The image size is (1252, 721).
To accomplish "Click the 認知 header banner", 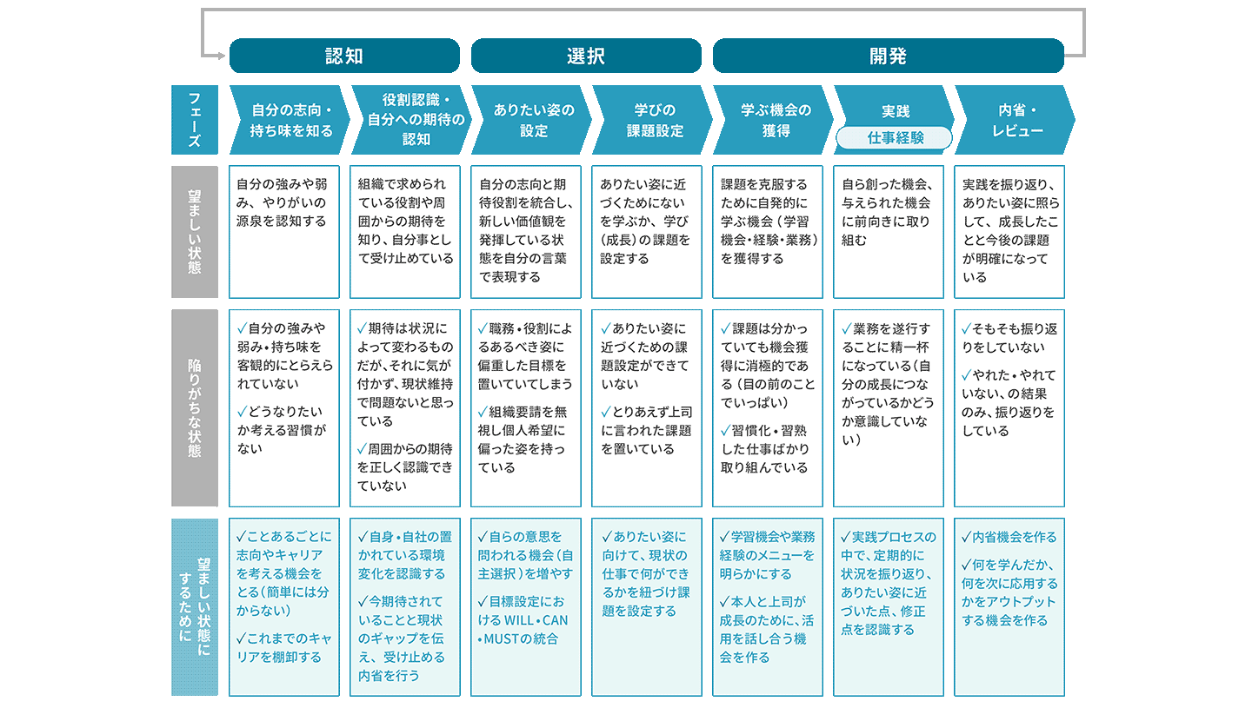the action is [x=344, y=56].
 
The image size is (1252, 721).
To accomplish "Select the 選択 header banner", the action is [x=586, y=56].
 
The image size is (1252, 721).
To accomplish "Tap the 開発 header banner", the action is [x=889, y=56].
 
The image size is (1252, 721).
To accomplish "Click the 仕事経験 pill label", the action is [x=894, y=137].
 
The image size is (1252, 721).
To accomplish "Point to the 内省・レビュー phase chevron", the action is [x=1015, y=120].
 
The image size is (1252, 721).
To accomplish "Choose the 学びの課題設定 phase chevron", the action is [x=652, y=120].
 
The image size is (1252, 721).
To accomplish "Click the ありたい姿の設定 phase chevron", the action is [x=531, y=120].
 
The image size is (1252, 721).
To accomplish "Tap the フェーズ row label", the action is [x=195, y=120].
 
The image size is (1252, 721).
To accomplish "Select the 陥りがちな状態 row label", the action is [x=195, y=407].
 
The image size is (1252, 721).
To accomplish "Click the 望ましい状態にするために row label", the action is [x=195, y=607].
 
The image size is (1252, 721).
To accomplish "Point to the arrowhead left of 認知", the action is [x=222, y=56].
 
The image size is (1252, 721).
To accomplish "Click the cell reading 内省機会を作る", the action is [x=1009, y=607].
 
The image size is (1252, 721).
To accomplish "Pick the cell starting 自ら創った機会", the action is [x=889, y=232].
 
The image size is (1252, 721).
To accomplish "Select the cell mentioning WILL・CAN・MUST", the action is [x=525, y=607].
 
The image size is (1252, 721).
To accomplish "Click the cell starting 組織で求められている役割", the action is [x=404, y=232].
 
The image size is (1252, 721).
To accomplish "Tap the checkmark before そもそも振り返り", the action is [x=967, y=329].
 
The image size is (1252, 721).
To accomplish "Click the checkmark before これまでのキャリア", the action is [x=242, y=638].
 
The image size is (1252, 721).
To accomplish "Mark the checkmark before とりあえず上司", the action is [x=606, y=412].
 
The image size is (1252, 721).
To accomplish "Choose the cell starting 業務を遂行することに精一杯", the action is [x=889, y=407].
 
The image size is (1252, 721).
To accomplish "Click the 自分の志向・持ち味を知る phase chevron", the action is [x=290, y=120].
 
